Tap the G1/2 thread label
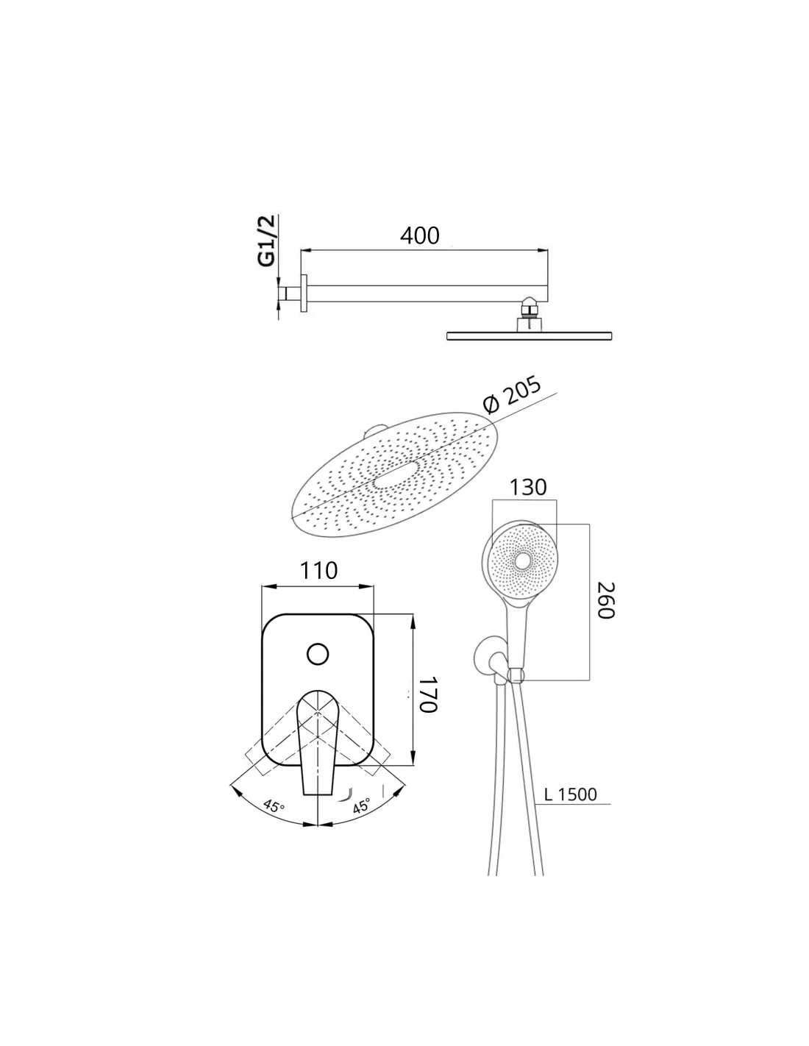point(267,241)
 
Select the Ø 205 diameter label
point(512,396)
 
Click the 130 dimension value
point(527,487)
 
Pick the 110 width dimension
point(318,570)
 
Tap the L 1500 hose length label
point(570,794)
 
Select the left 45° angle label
point(274,805)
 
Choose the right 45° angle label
point(361,805)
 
